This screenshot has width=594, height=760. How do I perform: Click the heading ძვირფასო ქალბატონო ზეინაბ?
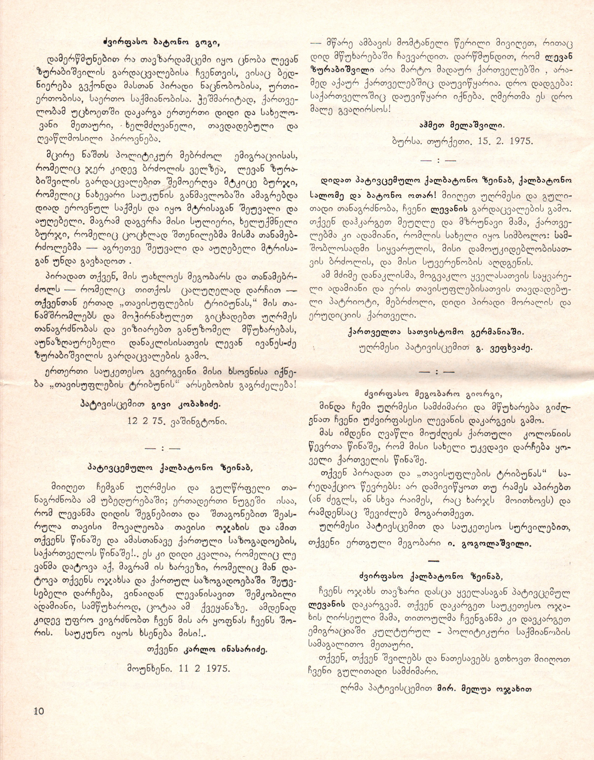(x=431, y=577)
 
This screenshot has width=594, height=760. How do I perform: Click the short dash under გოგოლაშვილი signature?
(x=433, y=561)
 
